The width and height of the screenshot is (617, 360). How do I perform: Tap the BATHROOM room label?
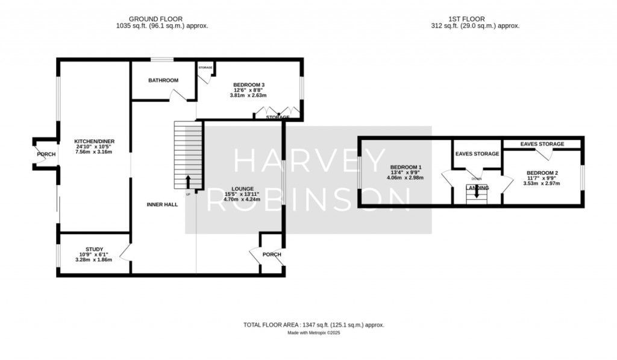pos(164,80)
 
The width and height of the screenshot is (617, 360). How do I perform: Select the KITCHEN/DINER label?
pos(93,141)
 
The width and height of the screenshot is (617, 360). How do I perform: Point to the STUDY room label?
pos(94,249)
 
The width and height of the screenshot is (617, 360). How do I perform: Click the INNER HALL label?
pos(161,205)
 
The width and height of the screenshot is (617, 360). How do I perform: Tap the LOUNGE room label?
pos(242,189)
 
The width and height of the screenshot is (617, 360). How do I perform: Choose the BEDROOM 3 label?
pos(248,84)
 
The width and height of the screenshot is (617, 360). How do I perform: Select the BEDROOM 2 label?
pos(542,173)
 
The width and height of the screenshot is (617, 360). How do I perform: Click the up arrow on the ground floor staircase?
pos(188,182)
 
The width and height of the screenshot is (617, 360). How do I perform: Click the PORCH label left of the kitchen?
pos(46,154)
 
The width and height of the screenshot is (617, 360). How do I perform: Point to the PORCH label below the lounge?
pos(272,254)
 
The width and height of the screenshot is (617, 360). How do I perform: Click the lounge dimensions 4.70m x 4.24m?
pos(242,199)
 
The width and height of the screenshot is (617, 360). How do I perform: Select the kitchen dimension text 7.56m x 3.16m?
pos(93,152)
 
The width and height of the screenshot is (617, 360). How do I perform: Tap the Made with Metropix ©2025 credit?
pos(313,333)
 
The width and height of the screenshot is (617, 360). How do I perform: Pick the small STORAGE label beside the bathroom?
pos(205,68)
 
